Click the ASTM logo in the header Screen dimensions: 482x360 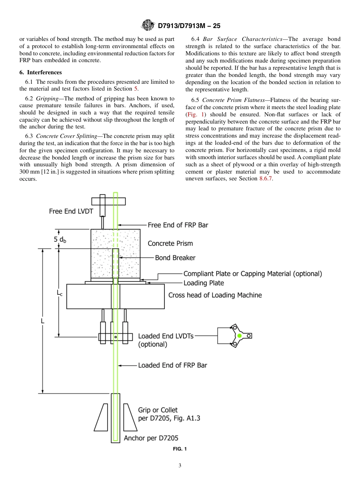pyautogui.click(x=148, y=26)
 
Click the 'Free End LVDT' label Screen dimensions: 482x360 pyautogui.click(x=71, y=211)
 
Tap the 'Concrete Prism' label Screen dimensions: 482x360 pyautogui.click(x=170, y=243)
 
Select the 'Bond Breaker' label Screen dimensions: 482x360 pyautogui.click(x=175, y=258)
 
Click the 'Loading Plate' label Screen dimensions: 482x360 pyautogui.click(x=203, y=283)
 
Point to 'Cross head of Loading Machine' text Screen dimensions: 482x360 pyautogui.click(x=215, y=295)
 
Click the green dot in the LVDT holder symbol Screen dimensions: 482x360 pyautogui.click(x=239, y=336)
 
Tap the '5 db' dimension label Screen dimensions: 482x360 pyautogui.click(x=60, y=239)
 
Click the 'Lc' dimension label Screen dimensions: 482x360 pyautogui.click(x=59, y=293)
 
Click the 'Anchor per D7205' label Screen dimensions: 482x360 pyautogui.click(x=151, y=438)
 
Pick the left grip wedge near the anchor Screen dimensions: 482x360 pyautogui.click(x=101, y=417)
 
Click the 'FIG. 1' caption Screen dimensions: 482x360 pyautogui.click(x=180, y=449)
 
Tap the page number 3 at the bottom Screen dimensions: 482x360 pyautogui.click(x=180, y=466)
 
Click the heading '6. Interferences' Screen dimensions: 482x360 pyautogui.click(x=41, y=72)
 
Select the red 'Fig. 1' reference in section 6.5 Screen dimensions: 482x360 pyautogui.click(x=195, y=114)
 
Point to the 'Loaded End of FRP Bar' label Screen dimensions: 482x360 pyautogui.click(x=172, y=365)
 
